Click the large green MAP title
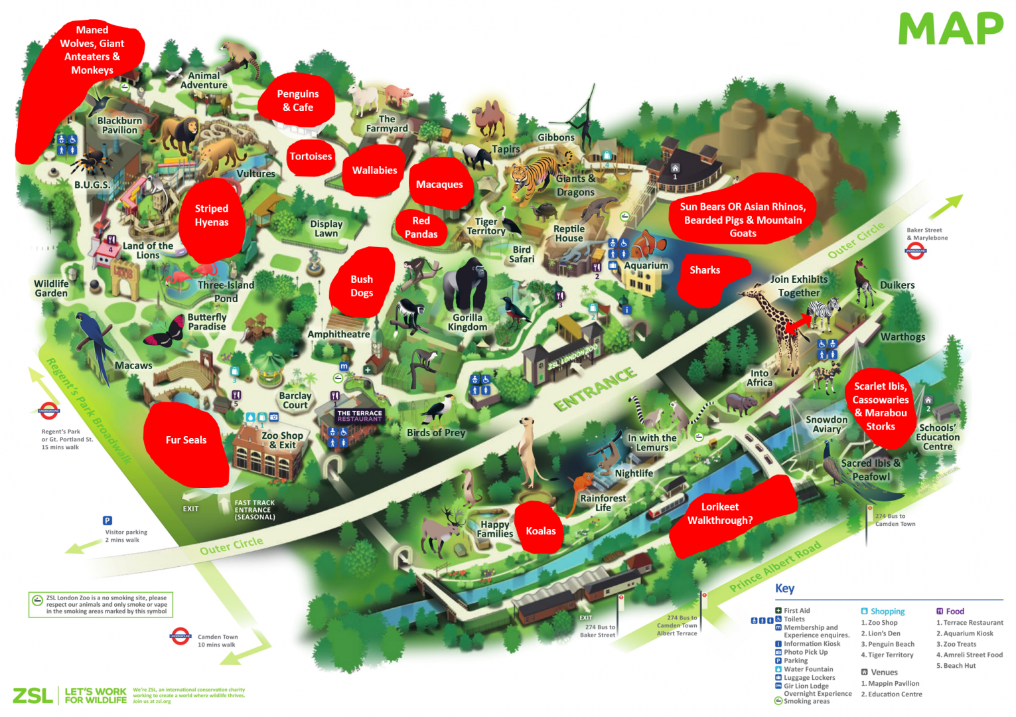pyautogui.click(x=950, y=29)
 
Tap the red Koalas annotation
pyautogui.click(x=540, y=530)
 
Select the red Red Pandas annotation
pyautogui.click(x=421, y=228)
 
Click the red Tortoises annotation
pyautogui.click(x=311, y=157)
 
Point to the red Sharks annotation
pyautogui.click(x=705, y=270)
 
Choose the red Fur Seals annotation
pyautogui.click(x=186, y=440)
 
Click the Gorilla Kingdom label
pyautogui.click(x=467, y=322)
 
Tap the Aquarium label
pyautogui.click(x=646, y=266)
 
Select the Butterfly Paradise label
pyautogui.click(x=206, y=322)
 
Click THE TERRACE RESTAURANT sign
pyautogui.click(x=359, y=416)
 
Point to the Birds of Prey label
pyautogui.click(x=436, y=433)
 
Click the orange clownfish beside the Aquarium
pyautogui.click(x=647, y=244)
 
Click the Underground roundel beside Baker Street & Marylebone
pyautogui.click(x=916, y=250)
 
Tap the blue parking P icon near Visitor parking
pyautogui.click(x=108, y=520)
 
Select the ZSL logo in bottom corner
pyautogui.click(x=33, y=695)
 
